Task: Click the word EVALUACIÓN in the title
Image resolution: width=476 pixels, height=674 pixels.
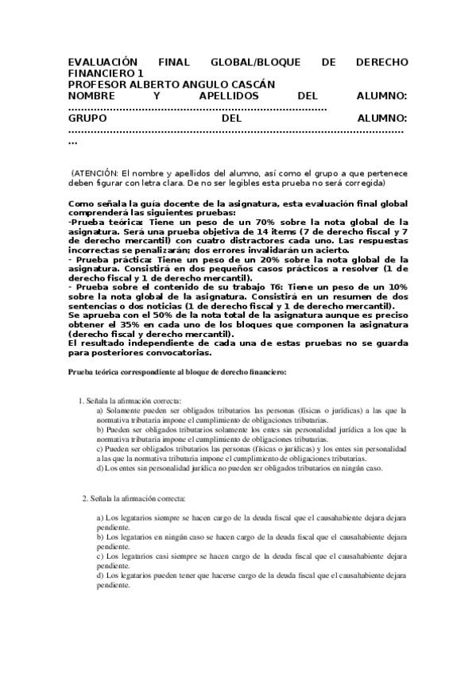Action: click(x=103, y=62)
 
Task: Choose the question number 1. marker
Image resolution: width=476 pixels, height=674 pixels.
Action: click(x=80, y=401)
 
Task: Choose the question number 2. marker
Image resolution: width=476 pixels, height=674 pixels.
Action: click(x=85, y=498)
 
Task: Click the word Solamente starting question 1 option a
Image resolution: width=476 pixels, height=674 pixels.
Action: click(x=125, y=410)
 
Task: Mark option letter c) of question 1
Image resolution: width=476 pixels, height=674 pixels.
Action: click(x=100, y=448)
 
